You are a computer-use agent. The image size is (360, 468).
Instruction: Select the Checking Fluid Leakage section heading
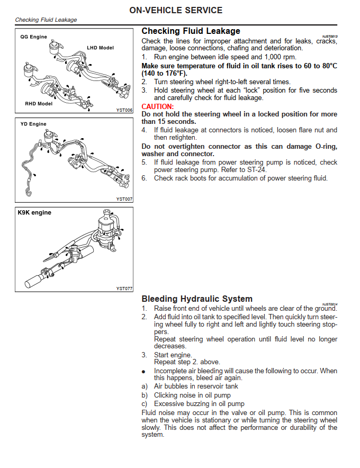(x=191, y=31)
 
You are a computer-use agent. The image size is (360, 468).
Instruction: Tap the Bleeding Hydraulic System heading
(x=197, y=299)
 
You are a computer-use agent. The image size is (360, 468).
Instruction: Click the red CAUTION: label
(x=158, y=106)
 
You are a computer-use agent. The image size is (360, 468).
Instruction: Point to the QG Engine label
(x=34, y=37)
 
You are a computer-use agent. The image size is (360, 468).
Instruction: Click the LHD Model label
(x=100, y=48)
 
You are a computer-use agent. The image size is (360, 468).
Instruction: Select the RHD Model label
(x=39, y=104)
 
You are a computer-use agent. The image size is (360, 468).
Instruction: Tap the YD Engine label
(x=34, y=124)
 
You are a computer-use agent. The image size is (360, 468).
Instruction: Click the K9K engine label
(x=35, y=213)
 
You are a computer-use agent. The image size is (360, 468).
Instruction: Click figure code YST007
(x=124, y=199)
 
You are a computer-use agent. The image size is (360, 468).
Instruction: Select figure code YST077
(x=124, y=289)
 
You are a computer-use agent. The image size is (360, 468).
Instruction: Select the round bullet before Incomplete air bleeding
(x=143, y=372)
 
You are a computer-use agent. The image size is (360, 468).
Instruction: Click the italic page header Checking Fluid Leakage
(x=46, y=20)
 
